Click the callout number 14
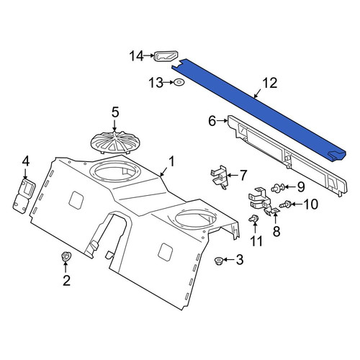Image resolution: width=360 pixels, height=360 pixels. (137, 56)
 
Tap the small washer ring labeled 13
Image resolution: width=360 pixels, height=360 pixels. (179, 82)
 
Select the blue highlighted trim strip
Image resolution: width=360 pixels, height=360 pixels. (258, 110)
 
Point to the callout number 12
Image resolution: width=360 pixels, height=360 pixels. (270, 83)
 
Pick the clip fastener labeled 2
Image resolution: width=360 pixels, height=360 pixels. (65, 256)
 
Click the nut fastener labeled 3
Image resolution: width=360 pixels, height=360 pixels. (218, 261)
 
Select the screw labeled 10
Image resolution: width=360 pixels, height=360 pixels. (286, 205)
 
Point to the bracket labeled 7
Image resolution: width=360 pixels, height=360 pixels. (220, 177)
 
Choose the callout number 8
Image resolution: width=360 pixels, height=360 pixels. (276, 231)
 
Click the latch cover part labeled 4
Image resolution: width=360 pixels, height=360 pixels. (24, 195)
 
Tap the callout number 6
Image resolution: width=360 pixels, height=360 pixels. (212, 121)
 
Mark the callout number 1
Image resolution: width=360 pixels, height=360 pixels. (171, 162)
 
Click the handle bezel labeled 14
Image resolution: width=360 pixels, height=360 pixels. (166, 56)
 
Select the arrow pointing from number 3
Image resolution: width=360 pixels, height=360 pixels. (230, 260)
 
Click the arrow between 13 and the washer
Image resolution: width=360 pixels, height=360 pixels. (167, 82)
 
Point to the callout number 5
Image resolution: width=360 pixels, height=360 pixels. (115, 112)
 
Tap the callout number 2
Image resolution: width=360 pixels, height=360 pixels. (66, 280)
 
